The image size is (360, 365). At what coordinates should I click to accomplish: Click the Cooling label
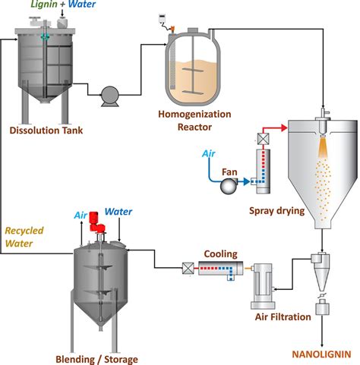click(x=220, y=254)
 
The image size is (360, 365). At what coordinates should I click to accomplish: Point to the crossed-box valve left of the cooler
click(x=185, y=267)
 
